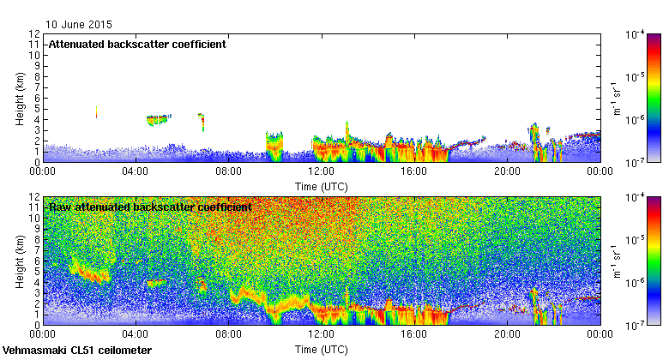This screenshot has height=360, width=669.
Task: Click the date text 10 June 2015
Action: point(79,25)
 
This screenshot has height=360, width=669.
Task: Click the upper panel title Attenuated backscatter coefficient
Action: point(137,45)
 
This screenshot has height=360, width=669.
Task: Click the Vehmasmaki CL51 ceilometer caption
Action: point(77,351)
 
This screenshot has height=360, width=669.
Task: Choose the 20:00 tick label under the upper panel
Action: point(508,171)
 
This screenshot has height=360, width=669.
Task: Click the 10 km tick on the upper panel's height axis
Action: point(35,55)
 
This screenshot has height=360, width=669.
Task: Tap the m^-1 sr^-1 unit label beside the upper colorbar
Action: point(614,98)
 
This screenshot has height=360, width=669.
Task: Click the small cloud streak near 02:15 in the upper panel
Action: point(96,112)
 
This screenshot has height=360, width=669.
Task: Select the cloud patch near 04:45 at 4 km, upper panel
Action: point(158,119)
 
